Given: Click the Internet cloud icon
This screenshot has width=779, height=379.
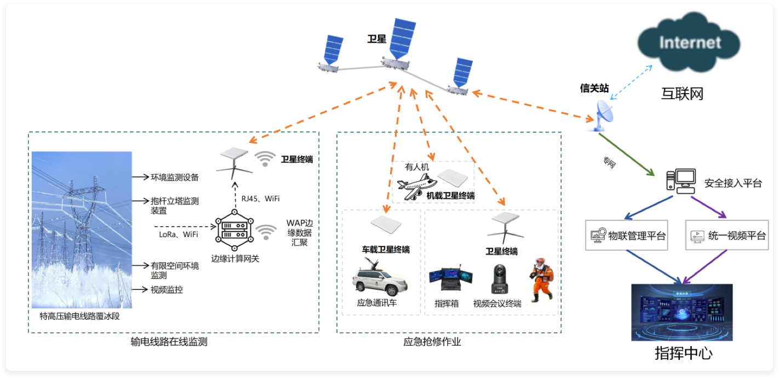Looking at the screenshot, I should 689,43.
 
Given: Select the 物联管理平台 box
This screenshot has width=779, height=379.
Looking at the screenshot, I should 627,236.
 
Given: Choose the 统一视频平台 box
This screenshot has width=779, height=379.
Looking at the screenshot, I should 727,236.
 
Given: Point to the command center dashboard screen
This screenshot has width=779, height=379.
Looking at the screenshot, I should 681,312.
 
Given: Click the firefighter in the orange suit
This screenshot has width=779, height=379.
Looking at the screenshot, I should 541,282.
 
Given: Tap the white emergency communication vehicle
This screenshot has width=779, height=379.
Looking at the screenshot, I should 380,280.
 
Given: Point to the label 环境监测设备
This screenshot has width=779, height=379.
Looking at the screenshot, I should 174,177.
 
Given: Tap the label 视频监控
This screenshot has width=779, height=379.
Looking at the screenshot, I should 167,290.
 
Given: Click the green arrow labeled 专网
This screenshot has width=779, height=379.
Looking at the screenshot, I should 627,154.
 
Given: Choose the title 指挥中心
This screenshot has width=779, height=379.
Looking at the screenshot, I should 683,353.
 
